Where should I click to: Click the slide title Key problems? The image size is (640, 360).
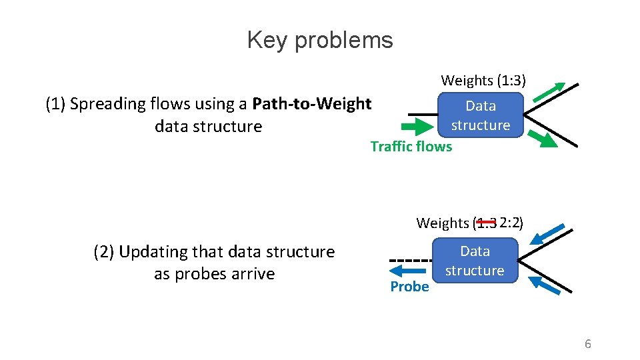point(320,40)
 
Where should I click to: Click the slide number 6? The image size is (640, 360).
point(587,344)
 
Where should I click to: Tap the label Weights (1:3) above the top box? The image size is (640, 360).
point(483,81)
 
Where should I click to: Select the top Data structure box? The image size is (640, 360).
point(480,115)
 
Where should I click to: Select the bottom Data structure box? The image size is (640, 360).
point(475,261)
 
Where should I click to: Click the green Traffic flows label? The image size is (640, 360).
point(411,147)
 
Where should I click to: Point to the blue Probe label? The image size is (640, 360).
point(409,287)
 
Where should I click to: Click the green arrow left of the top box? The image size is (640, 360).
point(417,127)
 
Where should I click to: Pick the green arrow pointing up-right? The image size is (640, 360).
point(549,91)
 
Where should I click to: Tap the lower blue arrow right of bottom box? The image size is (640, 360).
point(546,285)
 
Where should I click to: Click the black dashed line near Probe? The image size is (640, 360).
point(411,260)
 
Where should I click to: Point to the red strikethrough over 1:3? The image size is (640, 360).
point(486,222)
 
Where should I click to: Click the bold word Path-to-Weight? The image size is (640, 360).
point(312,104)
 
